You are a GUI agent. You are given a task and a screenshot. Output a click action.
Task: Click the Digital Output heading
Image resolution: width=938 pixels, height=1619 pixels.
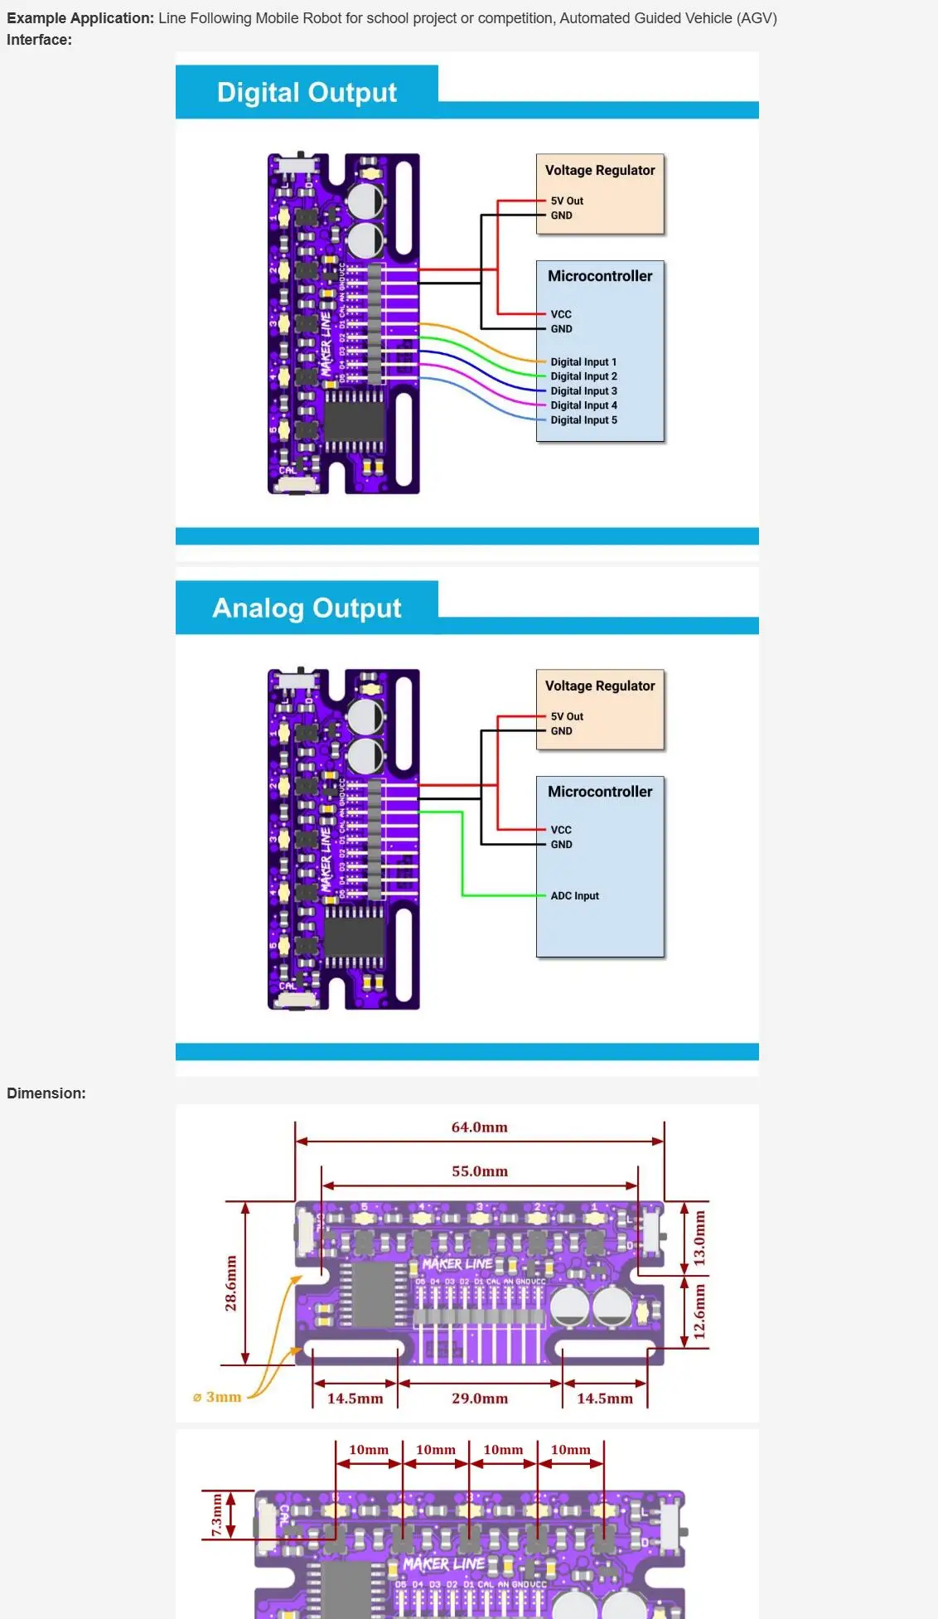[x=307, y=92]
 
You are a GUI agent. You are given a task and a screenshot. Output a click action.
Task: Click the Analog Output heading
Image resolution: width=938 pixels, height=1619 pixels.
[x=307, y=608]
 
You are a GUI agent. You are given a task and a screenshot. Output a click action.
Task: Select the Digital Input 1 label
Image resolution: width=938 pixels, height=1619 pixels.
[x=583, y=362]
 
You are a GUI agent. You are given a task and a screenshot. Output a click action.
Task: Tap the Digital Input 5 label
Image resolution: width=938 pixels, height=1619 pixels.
[x=583, y=420]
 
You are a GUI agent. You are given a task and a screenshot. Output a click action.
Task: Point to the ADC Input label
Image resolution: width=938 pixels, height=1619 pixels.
[x=574, y=896]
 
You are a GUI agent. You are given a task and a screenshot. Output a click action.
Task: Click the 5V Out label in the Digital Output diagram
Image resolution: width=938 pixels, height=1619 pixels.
[x=567, y=201]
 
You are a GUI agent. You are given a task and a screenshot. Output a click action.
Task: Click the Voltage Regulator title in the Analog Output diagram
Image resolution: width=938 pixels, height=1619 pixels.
[x=600, y=686]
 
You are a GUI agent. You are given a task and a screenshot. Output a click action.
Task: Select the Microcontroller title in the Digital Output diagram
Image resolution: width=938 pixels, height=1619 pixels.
[x=600, y=276]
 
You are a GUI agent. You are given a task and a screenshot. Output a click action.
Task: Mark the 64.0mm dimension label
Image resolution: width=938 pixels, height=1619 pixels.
[x=479, y=1127]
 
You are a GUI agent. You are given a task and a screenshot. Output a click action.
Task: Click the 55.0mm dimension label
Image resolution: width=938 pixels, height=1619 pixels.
[x=479, y=1171]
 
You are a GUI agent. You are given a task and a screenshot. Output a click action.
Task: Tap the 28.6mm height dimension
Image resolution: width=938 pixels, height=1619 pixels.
[x=231, y=1283]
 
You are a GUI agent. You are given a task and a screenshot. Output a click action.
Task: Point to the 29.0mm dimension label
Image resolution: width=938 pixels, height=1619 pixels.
[x=479, y=1398]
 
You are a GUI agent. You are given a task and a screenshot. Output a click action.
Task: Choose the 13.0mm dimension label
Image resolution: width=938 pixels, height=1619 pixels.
[x=700, y=1238]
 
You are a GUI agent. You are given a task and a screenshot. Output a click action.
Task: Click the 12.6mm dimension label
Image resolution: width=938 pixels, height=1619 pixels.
[x=700, y=1311]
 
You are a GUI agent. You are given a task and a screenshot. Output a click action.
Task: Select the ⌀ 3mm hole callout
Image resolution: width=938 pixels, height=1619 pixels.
[x=217, y=1397]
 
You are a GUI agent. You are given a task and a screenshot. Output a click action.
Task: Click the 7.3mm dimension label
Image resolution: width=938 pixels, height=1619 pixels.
[x=216, y=1515]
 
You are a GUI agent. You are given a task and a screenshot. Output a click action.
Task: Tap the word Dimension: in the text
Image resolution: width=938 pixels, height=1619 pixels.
[x=46, y=1093]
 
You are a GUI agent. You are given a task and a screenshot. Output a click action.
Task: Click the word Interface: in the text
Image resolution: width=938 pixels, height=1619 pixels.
[x=39, y=40]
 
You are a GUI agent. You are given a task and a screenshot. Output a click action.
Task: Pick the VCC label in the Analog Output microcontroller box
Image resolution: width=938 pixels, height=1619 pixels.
[x=561, y=830]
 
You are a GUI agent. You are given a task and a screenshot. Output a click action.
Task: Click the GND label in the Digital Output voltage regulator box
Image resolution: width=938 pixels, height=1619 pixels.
[x=561, y=216]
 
